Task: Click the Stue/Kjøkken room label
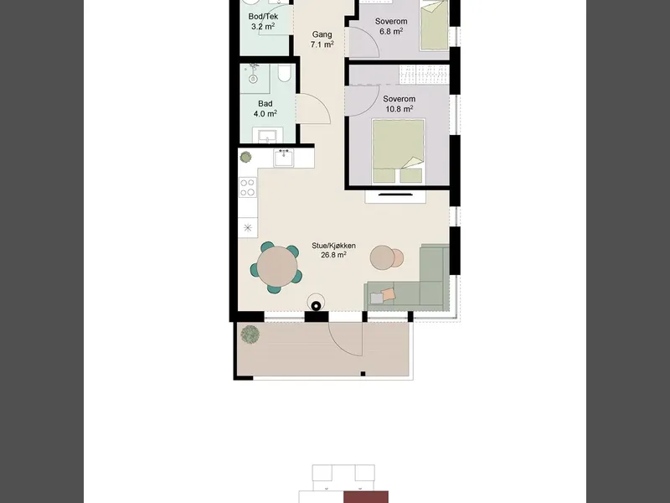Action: [333, 246]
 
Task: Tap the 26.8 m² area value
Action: [333, 255]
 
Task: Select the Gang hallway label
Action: [322, 34]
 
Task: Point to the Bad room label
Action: [265, 104]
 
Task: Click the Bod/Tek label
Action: [263, 17]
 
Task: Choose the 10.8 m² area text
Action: [399, 109]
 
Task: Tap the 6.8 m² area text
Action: [391, 31]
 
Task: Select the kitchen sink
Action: [284, 158]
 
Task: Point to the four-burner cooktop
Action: [248, 187]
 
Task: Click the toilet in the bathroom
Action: [284, 74]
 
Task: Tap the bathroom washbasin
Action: [267, 135]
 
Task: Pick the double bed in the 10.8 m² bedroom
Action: [399, 152]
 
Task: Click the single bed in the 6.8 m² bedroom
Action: [434, 26]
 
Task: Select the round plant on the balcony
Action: [250, 334]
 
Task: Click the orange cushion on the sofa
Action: [389, 294]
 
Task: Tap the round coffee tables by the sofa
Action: [386, 257]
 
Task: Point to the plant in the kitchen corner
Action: [245, 157]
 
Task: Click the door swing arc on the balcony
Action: [341, 345]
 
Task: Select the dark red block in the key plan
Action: [366, 497]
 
